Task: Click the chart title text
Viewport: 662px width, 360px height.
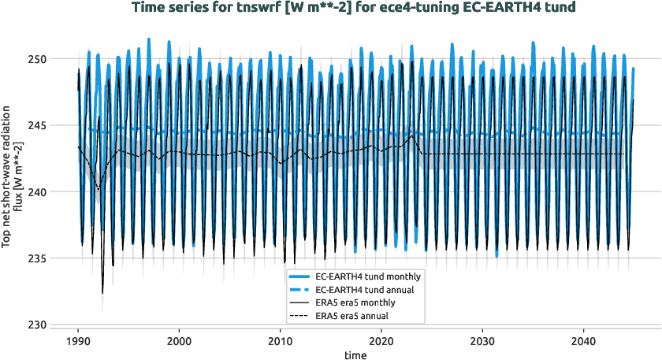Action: pos(354,8)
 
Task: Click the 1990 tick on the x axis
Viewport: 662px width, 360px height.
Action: pos(78,341)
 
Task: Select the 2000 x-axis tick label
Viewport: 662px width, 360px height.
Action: pos(179,341)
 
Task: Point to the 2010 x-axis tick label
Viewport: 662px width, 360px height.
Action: pos(280,341)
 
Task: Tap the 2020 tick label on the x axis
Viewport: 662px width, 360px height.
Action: pos(381,341)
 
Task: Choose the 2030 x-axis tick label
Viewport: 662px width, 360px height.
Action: pos(482,341)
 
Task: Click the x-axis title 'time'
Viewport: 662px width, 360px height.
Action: pos(354,355)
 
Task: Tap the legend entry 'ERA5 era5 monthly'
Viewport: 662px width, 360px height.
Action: pos(355,302)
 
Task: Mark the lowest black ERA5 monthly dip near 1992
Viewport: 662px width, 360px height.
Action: pos(102,293)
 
